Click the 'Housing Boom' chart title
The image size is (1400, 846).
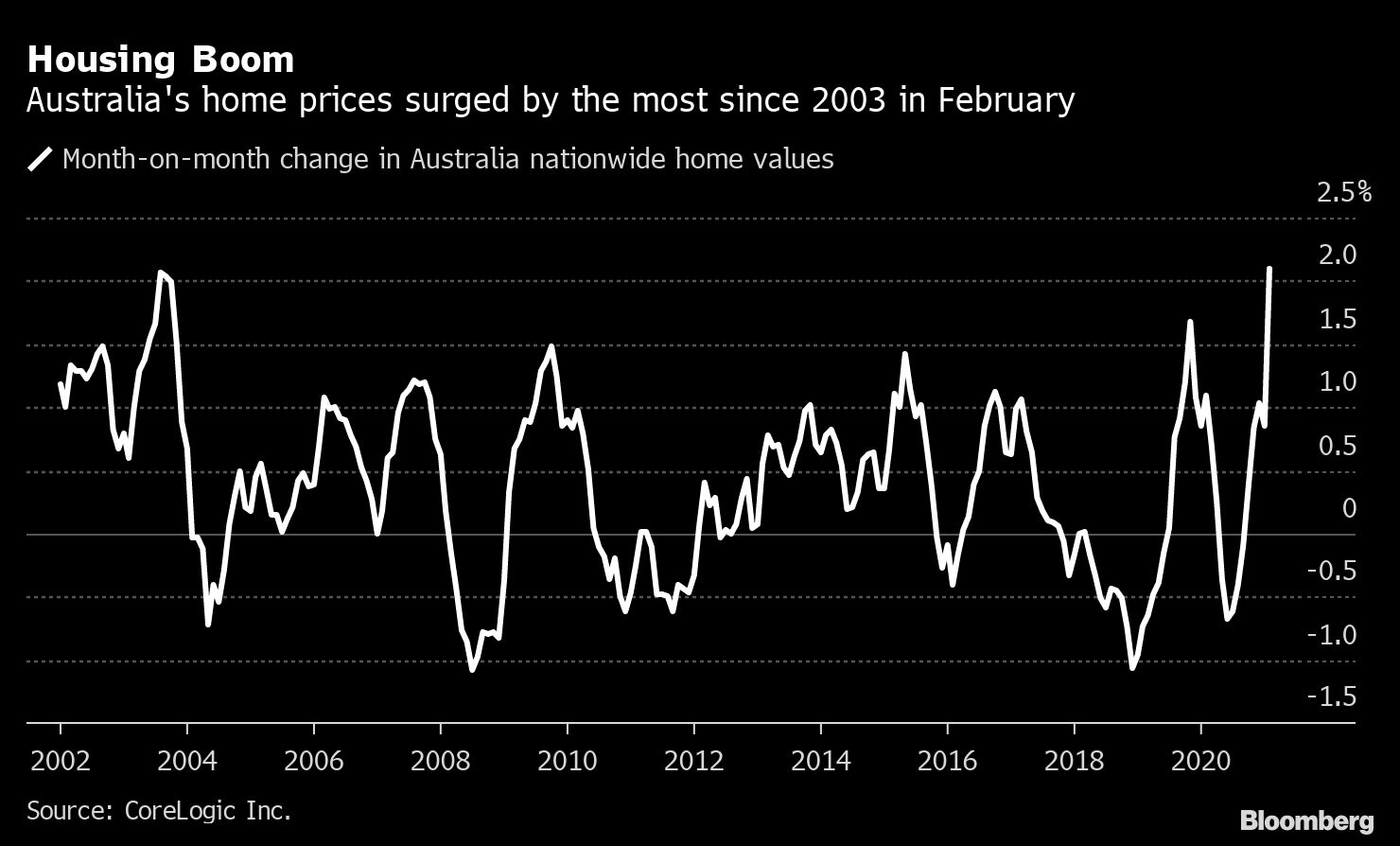point(161,60)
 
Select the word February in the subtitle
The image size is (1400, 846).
point(1006,101)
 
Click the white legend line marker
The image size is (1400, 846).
point(40,158)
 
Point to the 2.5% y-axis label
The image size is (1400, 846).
point(1343,192)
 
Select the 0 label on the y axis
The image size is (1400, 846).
point(1349,508)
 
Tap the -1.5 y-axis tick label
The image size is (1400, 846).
point(1331,697)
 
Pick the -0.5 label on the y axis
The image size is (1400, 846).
point(1331,571)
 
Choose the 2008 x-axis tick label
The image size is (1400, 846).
point(440,761)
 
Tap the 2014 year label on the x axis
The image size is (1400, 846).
point(820,761)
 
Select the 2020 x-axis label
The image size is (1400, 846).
point(1200,761)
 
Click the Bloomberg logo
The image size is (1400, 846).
point(1306,820)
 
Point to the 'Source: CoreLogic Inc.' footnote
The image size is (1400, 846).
point(159,811)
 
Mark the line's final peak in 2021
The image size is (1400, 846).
point(1269,269)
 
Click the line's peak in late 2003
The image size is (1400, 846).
point(161,273)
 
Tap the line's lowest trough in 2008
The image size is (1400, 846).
point(472,670)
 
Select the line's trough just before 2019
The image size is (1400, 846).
point(1132,668)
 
